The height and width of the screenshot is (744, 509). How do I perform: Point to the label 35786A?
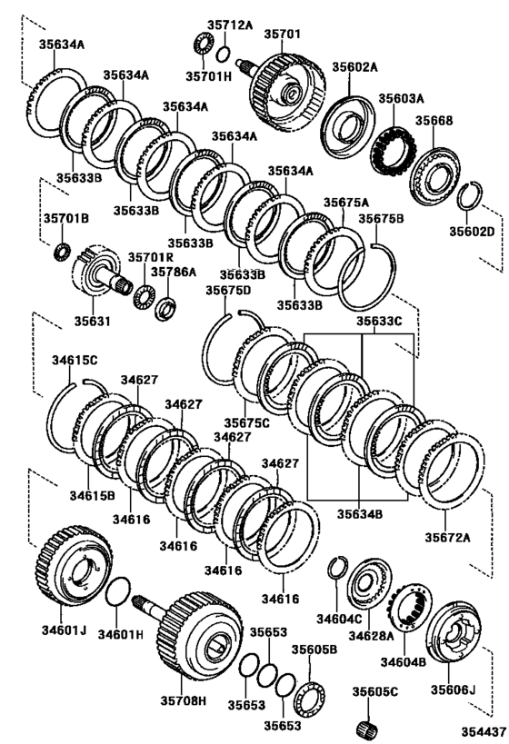tap(173, 271)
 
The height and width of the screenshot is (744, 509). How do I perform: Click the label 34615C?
tap(74, 361)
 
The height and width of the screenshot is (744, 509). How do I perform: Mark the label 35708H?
tap(184, 700)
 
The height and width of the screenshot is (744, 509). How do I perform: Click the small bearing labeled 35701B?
tap(62, 250)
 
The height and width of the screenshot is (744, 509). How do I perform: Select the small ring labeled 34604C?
tap(336, 569)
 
